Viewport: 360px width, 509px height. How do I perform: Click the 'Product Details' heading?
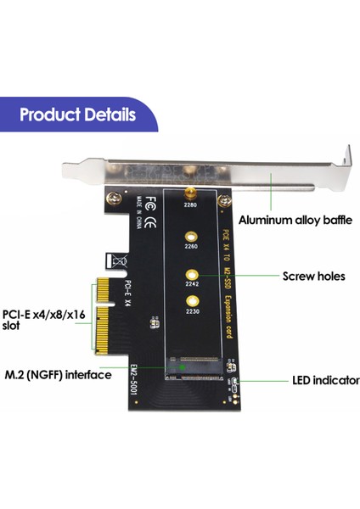click(x=76, y=115)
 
